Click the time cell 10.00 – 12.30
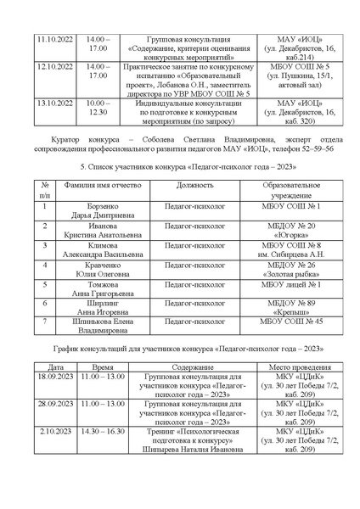tap(98, 107)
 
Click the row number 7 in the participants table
tap(43, 321)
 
